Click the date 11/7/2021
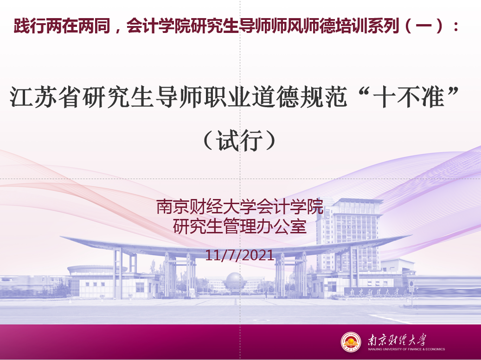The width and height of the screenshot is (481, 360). coord(239,255)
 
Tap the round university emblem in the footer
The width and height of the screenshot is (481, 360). coord(351,341)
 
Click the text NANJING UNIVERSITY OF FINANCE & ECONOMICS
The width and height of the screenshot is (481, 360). coord(406,349)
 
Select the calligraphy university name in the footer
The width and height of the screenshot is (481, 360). coord(397,340)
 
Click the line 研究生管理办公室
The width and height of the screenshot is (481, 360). coord(240,226)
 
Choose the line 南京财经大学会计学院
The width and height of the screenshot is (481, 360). coord(240,206)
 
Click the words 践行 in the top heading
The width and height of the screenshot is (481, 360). coord(30,26)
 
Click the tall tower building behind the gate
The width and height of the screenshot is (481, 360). coord(350,233)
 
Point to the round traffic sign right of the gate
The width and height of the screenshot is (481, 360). coord(411,283)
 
